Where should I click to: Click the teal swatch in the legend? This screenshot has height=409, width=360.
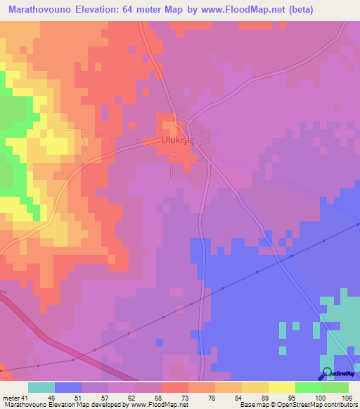click(x=41, y=387)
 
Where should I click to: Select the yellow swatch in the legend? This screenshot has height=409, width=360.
click(x=281, y=387)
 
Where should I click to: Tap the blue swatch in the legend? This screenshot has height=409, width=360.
click(x=68, y=387)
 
